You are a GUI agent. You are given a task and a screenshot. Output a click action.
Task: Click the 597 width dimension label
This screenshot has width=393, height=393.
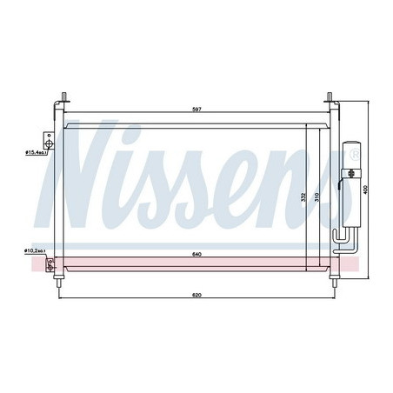(x=196, y=109)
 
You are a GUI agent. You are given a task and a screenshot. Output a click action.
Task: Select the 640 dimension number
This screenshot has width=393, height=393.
(x=196, y=255)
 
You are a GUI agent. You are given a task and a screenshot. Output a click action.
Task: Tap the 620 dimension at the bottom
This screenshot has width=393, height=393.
(x=196, y=296)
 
